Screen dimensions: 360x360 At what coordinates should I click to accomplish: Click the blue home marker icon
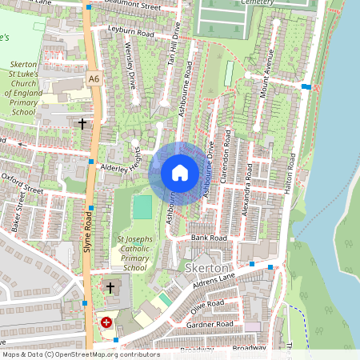pyautogui.click(x=180, y=173)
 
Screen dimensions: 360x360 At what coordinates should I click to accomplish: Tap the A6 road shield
pyautogui.click(x=95, y=78)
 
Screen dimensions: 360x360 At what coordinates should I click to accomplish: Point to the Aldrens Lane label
pyautogui.click(x=214, y=282)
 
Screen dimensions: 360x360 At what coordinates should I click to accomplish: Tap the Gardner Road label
pyautogui.click(x=209, y=324)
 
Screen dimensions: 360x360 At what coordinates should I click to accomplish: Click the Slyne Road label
pyautogui.click(x=88, y=232)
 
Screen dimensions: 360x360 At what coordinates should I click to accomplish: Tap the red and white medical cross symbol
pyautogui.click(x=106, y=322)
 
